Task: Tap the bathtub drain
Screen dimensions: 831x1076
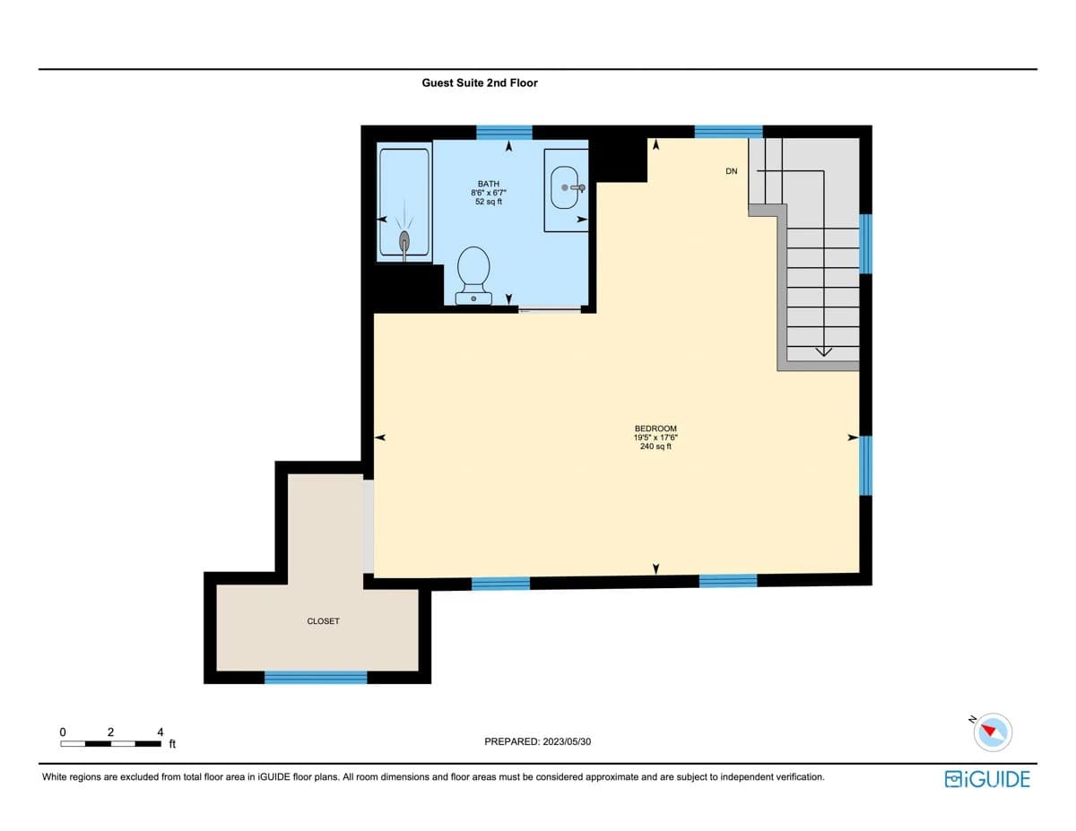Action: [404, 239]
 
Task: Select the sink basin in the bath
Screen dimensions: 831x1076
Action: [565, 187]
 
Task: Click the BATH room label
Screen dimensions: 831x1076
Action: [489, 183]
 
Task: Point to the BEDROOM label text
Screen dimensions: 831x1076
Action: [655, 428]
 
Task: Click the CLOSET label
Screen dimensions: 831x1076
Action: [323, 621]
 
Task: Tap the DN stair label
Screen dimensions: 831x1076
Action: [732, 171]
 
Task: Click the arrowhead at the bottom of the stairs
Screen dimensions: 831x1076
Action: [823, 351]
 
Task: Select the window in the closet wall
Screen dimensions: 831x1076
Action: [316, 677]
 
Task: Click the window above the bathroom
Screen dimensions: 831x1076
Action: [504, 133]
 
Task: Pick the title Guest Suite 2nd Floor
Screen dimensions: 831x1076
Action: [480, 82]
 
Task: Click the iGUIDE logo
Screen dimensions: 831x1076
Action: [987, 778]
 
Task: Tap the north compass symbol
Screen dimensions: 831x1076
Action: [993, 731]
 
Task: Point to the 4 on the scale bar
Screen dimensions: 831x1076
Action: [160, 731]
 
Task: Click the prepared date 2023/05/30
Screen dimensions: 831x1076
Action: [564, 742]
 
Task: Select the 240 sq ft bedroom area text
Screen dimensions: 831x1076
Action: [655, 446]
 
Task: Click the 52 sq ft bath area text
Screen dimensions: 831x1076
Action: [489, 202]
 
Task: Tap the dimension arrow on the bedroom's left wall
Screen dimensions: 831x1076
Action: [380, 437]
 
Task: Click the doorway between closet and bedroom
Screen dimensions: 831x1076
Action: [368, 526]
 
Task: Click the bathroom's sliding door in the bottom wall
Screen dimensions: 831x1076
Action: [550, 309]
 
